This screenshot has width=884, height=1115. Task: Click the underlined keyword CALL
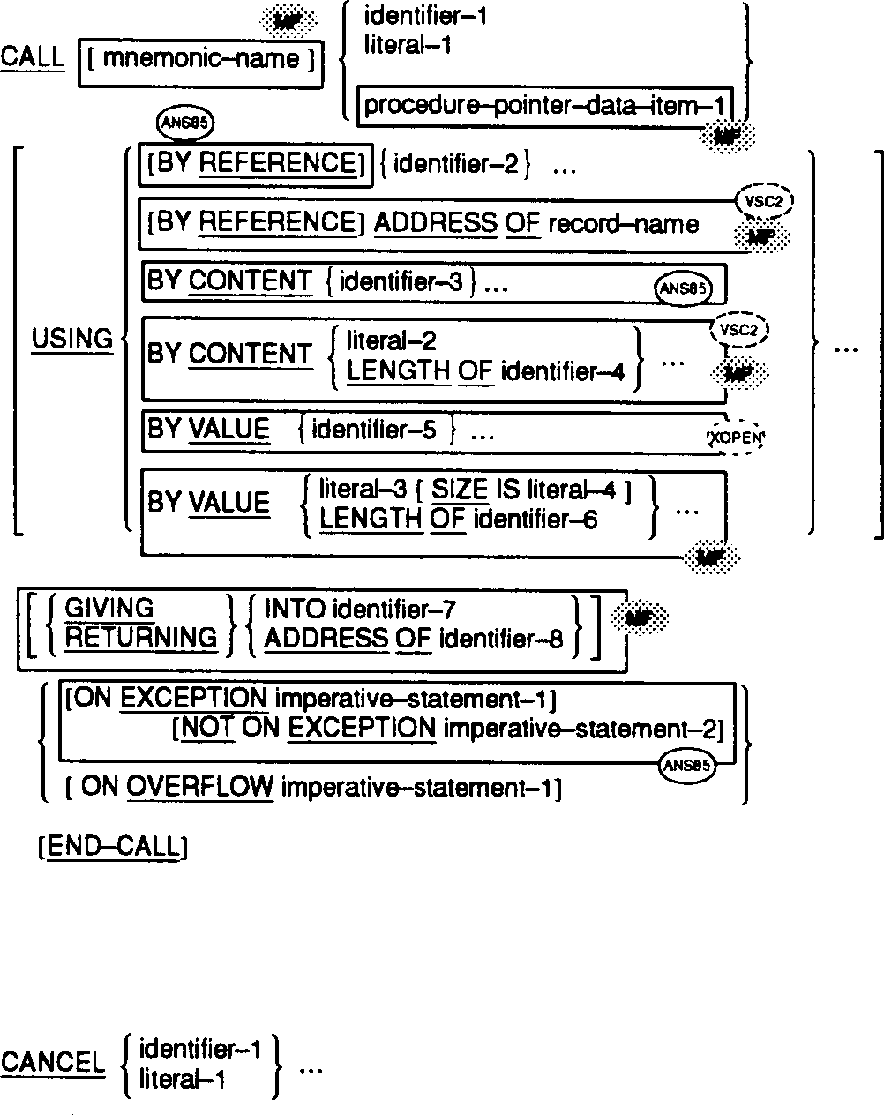point(33,58)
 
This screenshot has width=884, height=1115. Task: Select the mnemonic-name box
point(201,62)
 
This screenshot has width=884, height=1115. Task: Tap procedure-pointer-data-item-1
point(543,106)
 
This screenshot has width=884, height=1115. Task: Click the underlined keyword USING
point(71,340)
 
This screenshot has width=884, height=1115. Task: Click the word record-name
point(623,225)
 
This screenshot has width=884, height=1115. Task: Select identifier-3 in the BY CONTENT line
point(401,282)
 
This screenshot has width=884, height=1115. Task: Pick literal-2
point(391,340)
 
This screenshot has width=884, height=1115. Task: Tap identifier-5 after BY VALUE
point(374,430)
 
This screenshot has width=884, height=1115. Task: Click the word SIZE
point(460,490)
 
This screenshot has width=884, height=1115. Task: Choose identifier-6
point(536,520)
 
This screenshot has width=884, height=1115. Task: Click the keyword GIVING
point(109,608)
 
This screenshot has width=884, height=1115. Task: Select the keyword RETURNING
point(140,638)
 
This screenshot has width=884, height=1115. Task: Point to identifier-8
point(500,639)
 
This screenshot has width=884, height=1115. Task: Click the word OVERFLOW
point(199,787)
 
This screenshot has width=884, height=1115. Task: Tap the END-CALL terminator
point(114,848)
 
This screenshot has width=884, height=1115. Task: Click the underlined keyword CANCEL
point(52,1063)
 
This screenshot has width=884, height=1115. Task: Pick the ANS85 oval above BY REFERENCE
point(184,123)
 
